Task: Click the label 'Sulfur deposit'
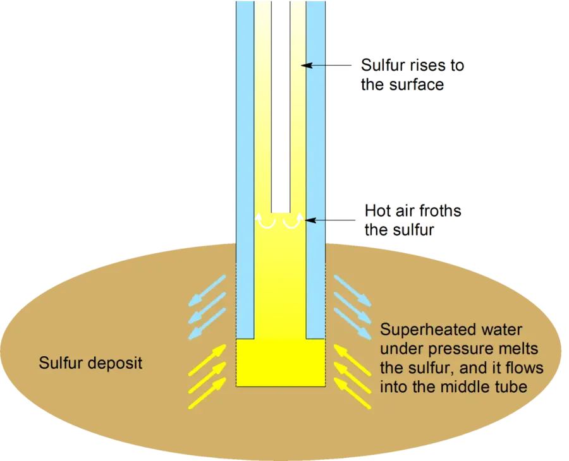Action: point(90,362)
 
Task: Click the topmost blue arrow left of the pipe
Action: point(207,290)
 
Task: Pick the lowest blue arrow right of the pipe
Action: point(352,323)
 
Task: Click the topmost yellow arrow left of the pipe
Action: point(207,360)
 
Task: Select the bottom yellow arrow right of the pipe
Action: point(352,393)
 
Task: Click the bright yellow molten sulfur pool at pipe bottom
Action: point(281,362)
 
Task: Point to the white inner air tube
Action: point(281,107)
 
